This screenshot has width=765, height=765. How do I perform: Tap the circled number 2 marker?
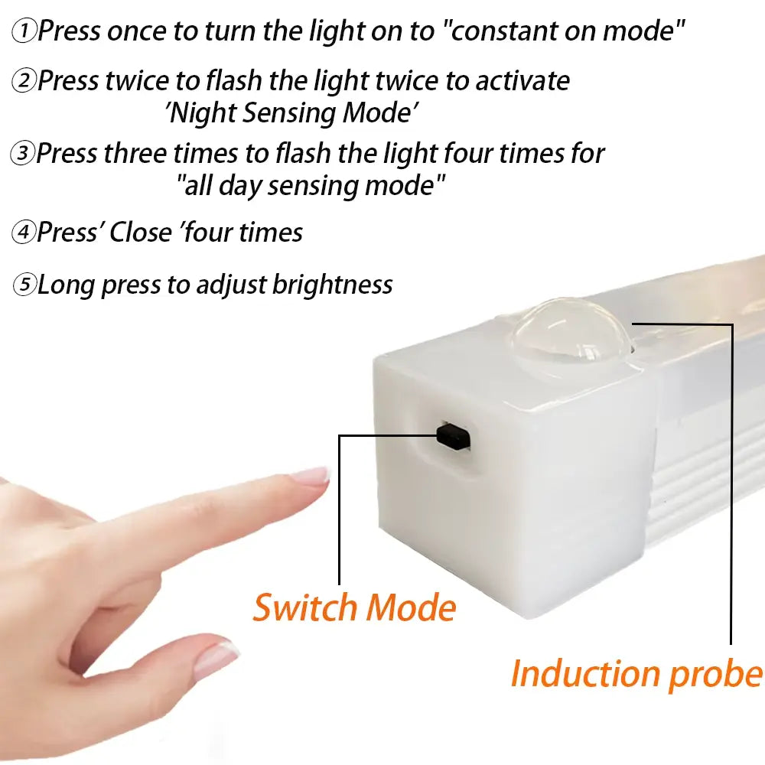pyautogui.click(x=25, y=80)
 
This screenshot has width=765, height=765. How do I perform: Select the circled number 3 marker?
pyautogui.click(x=24, y=154)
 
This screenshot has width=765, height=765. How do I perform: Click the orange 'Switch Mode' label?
pyautogui.click(x=354, y=608)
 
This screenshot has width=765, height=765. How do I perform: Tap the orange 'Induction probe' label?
pyautogui.click(x=636, y=674)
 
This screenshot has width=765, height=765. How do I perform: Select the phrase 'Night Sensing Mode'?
pyautogui.click(x=291, y=113)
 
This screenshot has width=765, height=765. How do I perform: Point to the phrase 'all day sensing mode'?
pyautogui.click(x=311, y=186)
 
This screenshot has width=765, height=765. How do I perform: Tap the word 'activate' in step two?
pyautogui.click(x=522, y=80)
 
